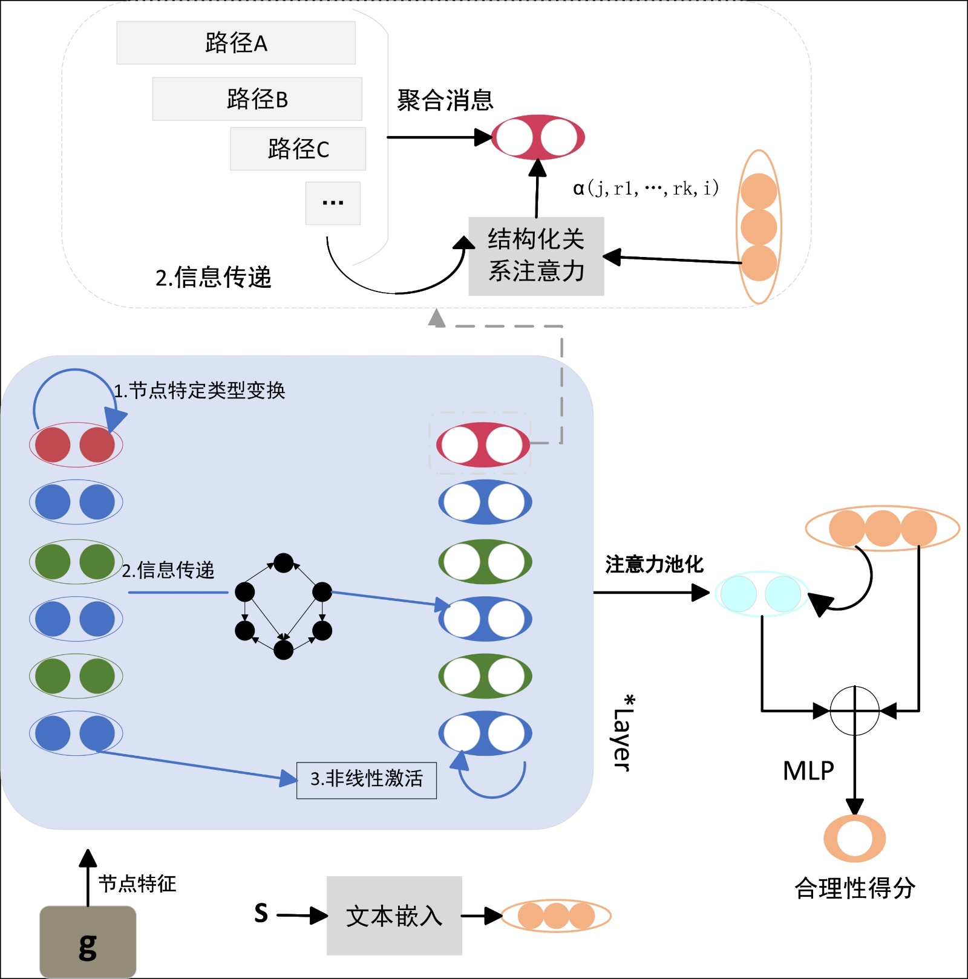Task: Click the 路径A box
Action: click(x=236, y=43)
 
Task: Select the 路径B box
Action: click(x=257, y=99)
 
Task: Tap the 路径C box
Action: click(x=298, y=149)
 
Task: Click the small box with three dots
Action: click(x=333, y=203)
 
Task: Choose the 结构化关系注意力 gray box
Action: click(x=536, y=256)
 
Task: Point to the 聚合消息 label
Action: click(x=445, y=100)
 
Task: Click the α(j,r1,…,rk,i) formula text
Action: click(x=646, y=189)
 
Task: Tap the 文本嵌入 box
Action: click(x=394, y=916)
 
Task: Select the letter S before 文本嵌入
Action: click(x=261, y=913)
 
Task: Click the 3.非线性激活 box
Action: click(x=367, y=780)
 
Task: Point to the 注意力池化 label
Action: click(x=654, y=564)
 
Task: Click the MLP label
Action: click(x=808, y=771)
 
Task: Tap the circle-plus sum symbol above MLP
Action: click(x=854, y=711)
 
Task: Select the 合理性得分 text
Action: click(x=854, y=888)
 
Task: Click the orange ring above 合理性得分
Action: click(x=854, y=839)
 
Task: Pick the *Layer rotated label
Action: click(x=623, y=733)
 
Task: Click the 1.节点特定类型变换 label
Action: click(x=200, y=391)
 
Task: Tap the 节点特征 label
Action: click(x=137, y=883)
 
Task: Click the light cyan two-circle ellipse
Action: click(x=761, y=594)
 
